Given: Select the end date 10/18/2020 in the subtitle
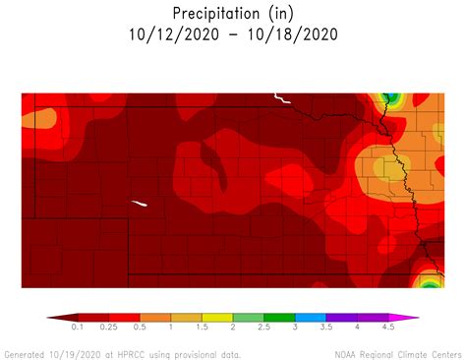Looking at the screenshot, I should click(294, 34).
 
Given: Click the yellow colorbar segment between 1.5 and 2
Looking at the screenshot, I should click(217, 318).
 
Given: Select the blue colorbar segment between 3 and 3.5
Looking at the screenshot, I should click(310, 318).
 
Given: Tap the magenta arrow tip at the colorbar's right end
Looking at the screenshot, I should click(414, 318).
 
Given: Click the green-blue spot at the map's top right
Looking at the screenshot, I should click(390, 97).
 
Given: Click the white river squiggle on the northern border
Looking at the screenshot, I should click(282, 98).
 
